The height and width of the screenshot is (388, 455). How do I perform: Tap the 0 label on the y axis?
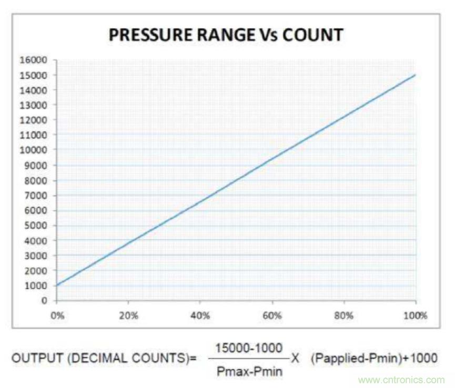pyautogui.click(x=45, y=301)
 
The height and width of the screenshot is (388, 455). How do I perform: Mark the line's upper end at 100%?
pyautogui.click(x=416, y=75)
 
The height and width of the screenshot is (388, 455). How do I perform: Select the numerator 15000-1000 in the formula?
pyautogui.click(x=249, y=348)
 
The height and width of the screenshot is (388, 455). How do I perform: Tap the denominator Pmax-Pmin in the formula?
pyautogui.click(x=249, y=371)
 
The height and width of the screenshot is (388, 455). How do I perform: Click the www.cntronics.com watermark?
pyautogui.click(x=401, y=380)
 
